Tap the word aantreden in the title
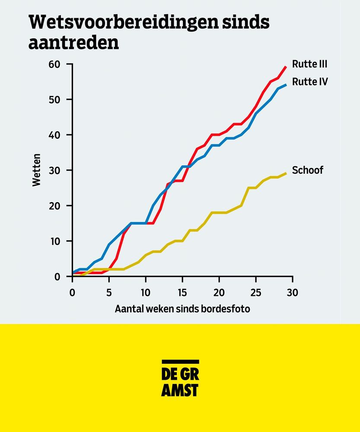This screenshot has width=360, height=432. tap(73, 42)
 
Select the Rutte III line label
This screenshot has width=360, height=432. tap(309, 64)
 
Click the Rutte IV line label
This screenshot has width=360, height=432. tap(309, 81)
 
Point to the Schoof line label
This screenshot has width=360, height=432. tap(307, 170)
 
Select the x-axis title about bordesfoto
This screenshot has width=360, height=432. tap(182, 309)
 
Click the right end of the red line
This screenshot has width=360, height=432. tap(286, 67)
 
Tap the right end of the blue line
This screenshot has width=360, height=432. tap(286, 85)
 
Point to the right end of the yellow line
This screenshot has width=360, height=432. tap(286, 173)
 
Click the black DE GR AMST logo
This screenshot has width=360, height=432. tap(180, 378)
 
